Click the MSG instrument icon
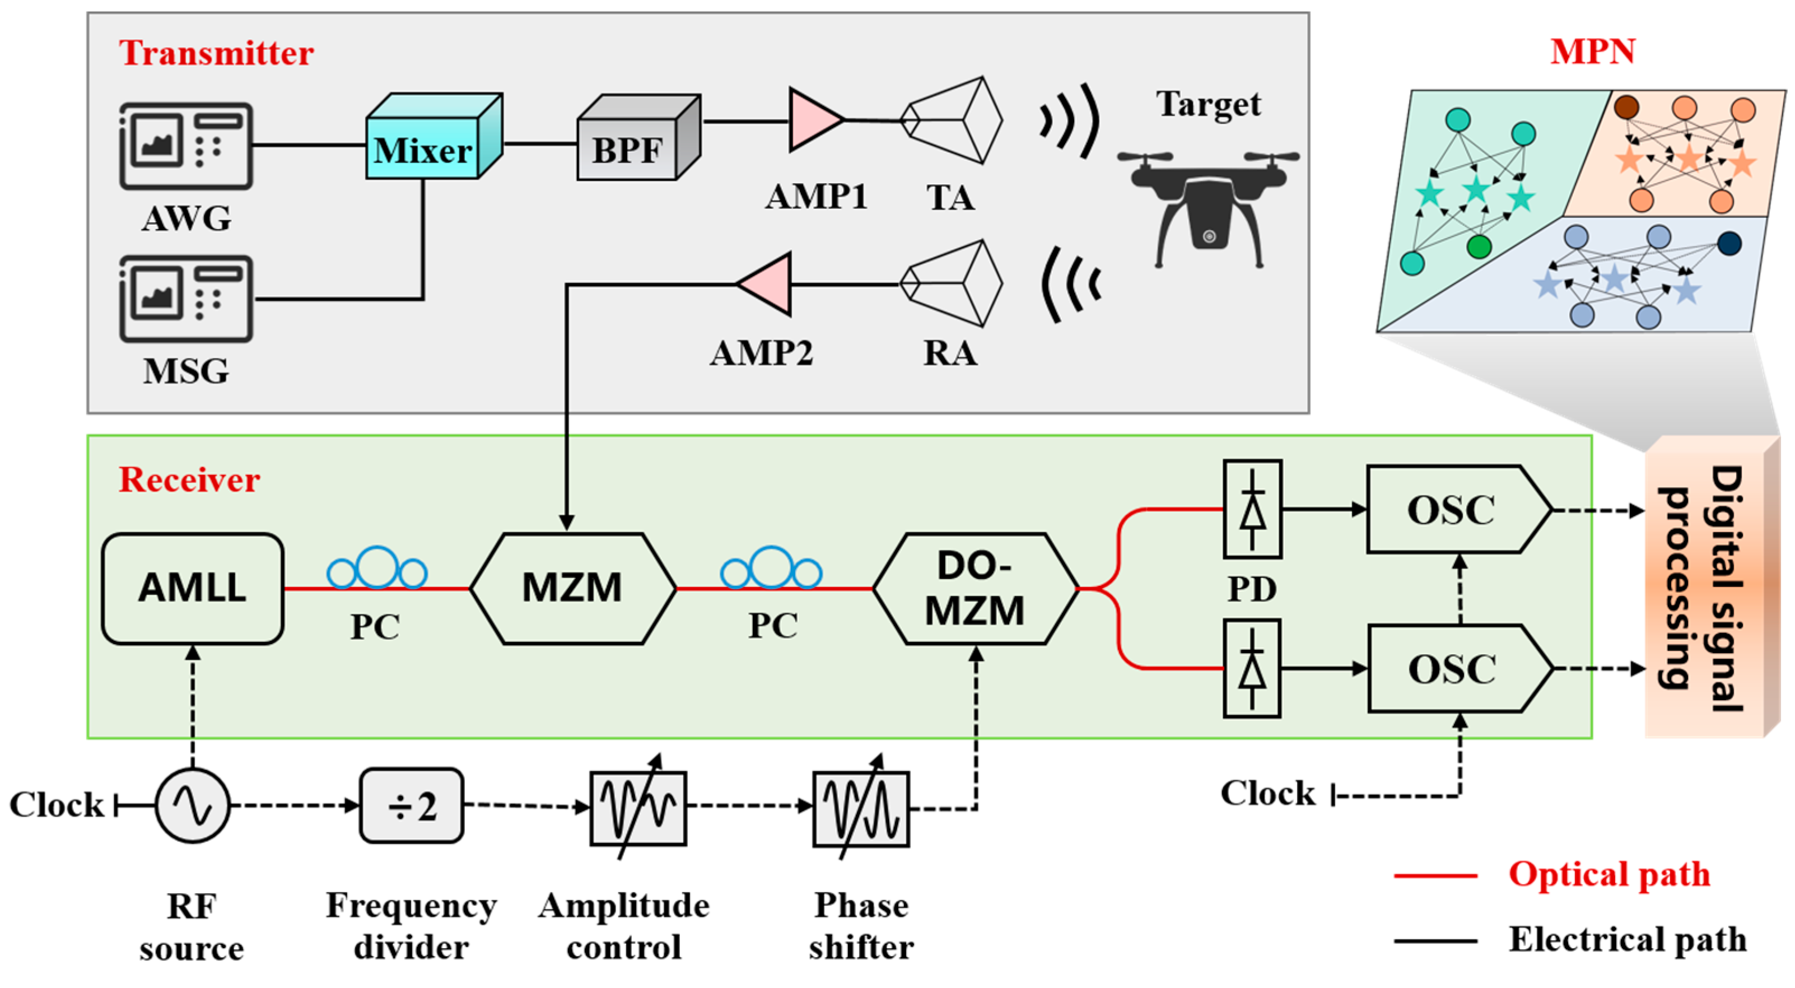click(186, 298)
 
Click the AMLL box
click(192, 589)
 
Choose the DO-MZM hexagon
click(975, 589)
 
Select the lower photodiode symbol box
click(1252, 669)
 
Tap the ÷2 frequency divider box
click(412, 806)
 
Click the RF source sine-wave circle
click(192, 806)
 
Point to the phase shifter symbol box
click(861, 808)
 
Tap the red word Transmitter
click(216, 53)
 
